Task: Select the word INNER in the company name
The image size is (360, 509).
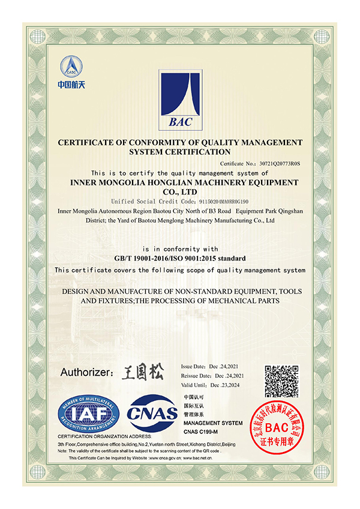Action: (x=86, y=182)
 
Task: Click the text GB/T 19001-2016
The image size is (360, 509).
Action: (x=140, y=258)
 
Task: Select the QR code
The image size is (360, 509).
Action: (x=283, y=381)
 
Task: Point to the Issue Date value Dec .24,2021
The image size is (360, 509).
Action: (x=226, y=366)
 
